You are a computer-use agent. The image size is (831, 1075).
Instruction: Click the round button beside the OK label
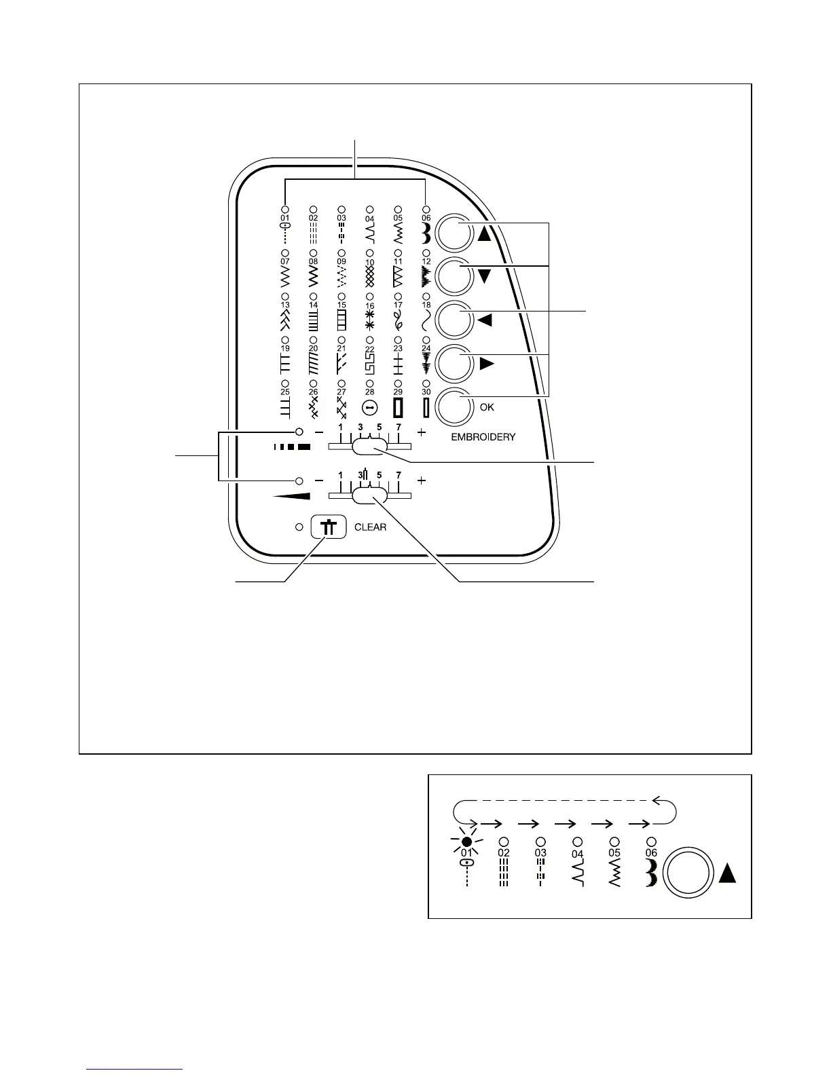454,408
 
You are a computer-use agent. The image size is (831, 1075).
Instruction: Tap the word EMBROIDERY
483,437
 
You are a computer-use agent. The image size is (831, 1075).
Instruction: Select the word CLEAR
371,527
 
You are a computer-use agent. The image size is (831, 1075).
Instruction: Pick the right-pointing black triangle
486,364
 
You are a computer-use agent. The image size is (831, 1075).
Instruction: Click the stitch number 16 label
369,306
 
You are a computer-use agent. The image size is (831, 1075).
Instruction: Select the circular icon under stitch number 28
369,407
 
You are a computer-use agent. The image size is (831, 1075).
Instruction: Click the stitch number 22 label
369,350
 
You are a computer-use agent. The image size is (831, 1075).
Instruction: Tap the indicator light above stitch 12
426,252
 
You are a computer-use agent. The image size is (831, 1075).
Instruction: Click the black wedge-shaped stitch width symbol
291,496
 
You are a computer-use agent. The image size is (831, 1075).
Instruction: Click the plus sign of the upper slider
422,432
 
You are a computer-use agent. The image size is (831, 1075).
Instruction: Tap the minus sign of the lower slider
318,480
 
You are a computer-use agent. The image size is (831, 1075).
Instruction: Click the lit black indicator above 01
466,842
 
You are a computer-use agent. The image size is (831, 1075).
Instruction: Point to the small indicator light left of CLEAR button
299,527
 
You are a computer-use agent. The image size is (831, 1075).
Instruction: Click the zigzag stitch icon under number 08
313,276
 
